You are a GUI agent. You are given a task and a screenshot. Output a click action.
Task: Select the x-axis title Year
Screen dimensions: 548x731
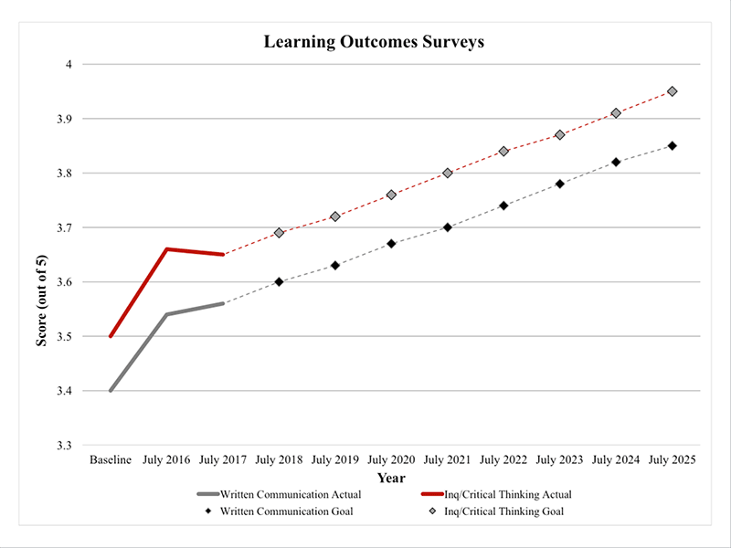[391, 477]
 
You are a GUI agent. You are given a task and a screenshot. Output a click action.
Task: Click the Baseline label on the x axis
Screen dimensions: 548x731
[111, 458]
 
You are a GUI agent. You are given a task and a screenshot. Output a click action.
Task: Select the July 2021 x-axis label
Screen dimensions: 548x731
[447, 458]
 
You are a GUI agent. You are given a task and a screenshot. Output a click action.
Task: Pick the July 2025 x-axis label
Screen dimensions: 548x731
[672, 458]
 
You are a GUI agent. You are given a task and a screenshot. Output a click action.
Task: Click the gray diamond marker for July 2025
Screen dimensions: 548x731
[672, 91]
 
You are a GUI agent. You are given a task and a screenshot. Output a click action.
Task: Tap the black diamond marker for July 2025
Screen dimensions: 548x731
[672, 146]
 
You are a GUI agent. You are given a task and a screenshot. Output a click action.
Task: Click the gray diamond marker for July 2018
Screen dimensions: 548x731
[279, 233]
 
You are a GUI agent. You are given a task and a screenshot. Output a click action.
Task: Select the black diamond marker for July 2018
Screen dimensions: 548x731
[279, 282]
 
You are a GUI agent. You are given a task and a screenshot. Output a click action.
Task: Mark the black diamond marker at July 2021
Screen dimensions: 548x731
[447, 227]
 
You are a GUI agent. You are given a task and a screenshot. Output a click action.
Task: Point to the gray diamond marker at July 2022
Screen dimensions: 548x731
[503, 152]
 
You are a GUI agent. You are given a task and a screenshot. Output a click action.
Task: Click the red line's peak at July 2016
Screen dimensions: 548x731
[166, 249]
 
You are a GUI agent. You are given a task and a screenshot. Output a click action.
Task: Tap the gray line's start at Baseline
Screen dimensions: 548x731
[111, 391]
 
